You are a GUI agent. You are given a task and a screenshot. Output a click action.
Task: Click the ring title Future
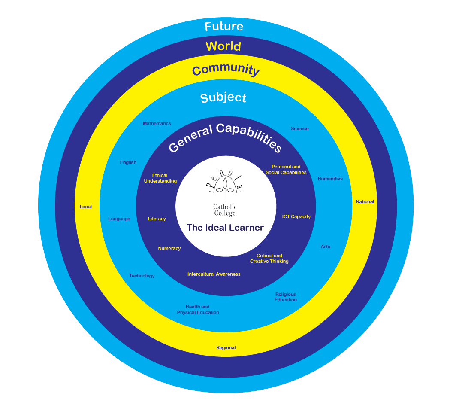click(223, 27)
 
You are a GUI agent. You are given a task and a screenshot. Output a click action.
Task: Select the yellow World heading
click(223, 46)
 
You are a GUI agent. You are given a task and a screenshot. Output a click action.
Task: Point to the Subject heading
click(223, 97)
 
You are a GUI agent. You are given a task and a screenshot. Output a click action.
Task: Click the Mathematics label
click(157, 123)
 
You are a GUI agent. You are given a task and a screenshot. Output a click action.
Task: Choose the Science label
click(299, 128)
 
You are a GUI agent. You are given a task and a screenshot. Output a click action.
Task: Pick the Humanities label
click(330, 179)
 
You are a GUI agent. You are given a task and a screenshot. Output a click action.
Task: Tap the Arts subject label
click(325, 247)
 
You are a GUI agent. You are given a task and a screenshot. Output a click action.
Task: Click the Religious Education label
click(286, 297)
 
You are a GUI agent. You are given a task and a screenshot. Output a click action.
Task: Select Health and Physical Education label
click(198, 310)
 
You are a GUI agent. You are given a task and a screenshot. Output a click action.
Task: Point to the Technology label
click(142, 276)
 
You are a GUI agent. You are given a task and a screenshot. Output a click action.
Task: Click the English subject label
click(128, 162)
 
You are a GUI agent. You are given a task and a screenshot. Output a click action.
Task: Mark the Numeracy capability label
click(169, 248)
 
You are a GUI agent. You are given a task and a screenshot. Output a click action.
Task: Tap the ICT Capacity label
click(296, 216)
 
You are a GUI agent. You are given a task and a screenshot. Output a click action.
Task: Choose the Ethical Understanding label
click(160, 178)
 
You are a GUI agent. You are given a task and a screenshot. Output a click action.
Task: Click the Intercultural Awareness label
click(214, 274)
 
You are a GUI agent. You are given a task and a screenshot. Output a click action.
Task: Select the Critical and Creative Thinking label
click(269, 259)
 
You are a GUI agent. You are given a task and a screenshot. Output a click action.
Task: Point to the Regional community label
click(226, 347)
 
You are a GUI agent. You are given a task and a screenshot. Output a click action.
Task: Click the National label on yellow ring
click(365, 201)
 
